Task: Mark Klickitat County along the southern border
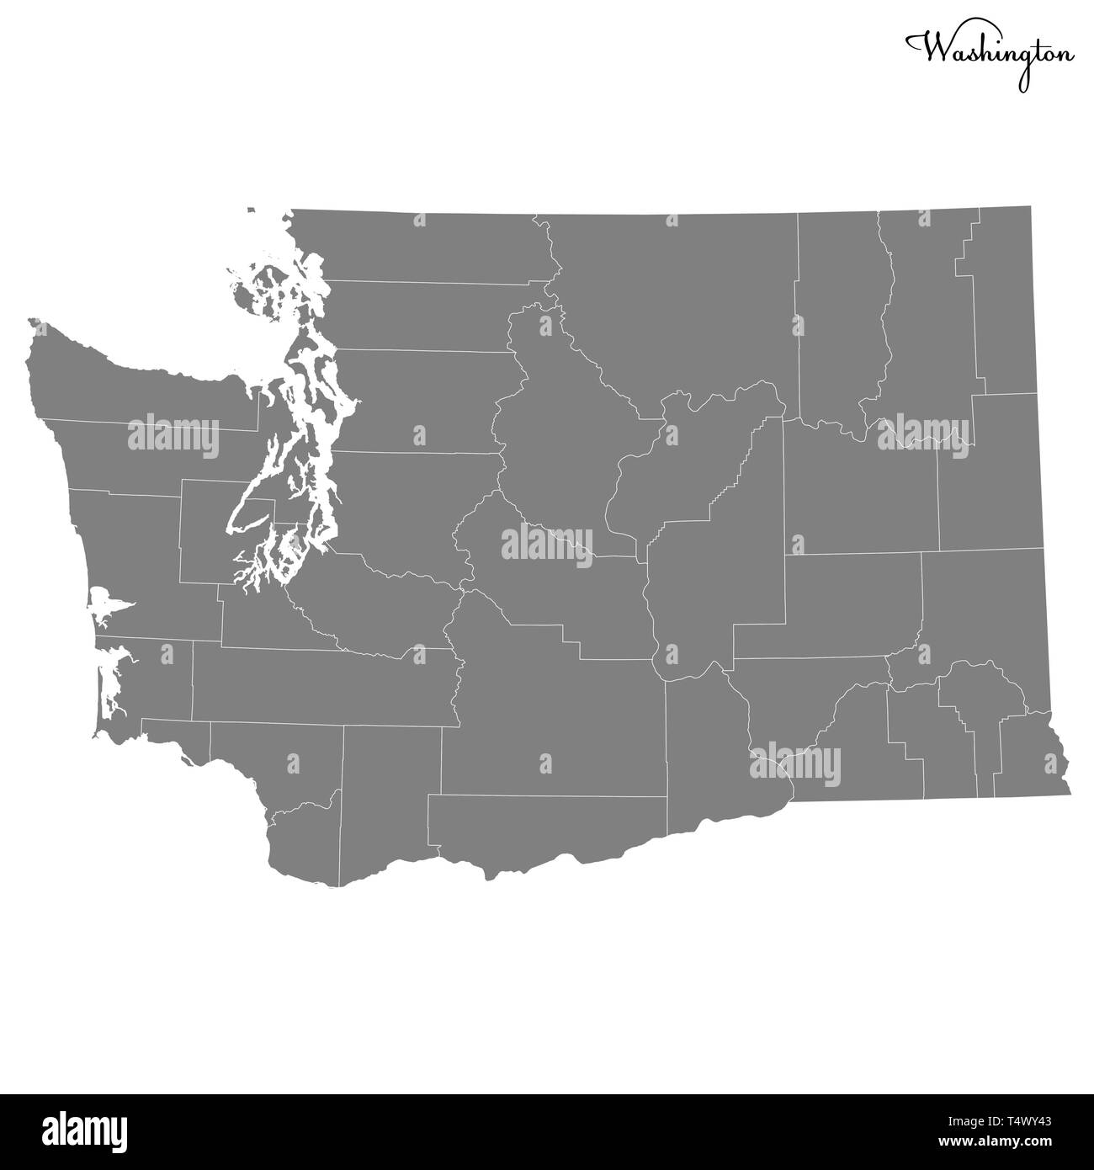tap(547, 825)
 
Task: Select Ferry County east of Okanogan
tap(837, 320)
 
